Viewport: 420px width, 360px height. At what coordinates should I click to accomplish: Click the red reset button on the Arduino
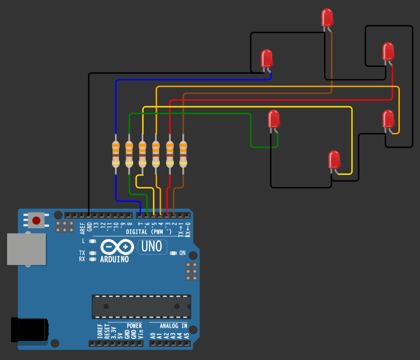(x=36, y=220)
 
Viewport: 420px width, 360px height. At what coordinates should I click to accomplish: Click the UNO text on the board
(x=152, y=246)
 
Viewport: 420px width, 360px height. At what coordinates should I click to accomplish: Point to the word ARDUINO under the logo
(x=114, y=259)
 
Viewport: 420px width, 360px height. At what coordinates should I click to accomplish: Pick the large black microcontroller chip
(x=141, y=306)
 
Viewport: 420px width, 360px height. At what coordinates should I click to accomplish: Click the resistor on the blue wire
(x=116, y=154)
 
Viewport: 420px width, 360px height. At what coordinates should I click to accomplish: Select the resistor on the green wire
(x=129, y=154)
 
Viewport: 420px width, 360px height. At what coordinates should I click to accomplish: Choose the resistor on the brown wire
(x=183, y=154)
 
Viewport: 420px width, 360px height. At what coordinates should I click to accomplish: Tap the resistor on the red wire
(x=170, y=154)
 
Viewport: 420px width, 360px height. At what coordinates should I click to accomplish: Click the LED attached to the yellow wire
(x=334, y=159)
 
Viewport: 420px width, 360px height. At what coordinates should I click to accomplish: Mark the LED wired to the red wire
(x=388, y=51)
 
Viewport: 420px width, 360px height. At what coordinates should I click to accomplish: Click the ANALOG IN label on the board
(x=170, y=326)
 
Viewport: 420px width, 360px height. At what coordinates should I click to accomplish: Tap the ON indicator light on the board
(x=173, y=253)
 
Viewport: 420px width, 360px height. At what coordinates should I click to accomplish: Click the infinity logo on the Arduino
(x=117, y=247)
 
